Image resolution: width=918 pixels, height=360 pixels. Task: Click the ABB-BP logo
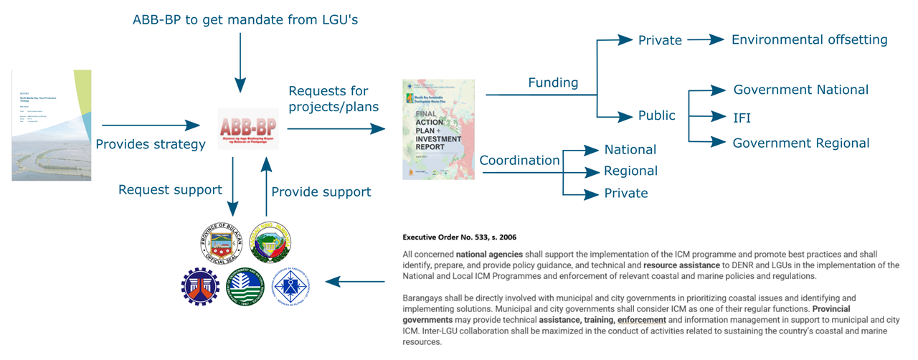(247, 130)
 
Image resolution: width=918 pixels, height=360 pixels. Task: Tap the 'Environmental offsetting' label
(809, 40)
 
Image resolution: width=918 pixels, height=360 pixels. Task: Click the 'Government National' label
(800, 90)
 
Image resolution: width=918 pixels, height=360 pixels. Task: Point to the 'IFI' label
(742, 116)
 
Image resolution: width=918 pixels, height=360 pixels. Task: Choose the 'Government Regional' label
(800, 143)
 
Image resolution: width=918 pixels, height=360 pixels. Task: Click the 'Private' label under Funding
(660, 41)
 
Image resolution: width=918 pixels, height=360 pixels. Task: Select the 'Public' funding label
(656, 115)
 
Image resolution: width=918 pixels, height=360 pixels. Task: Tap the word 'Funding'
(553, 82)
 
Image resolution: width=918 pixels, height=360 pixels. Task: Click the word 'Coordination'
(519, 161)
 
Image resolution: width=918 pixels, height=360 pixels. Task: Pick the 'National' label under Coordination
(630, 150)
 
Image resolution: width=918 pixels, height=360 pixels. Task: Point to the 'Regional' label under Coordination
(630, 171)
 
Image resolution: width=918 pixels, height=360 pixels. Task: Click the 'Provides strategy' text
(151, 144)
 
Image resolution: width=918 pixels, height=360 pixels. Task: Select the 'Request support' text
(170, 190)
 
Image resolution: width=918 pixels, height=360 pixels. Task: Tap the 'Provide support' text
(321, 191)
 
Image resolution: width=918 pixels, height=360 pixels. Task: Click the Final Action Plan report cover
(438, 129)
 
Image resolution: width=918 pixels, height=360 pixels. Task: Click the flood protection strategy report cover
(52, 125)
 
